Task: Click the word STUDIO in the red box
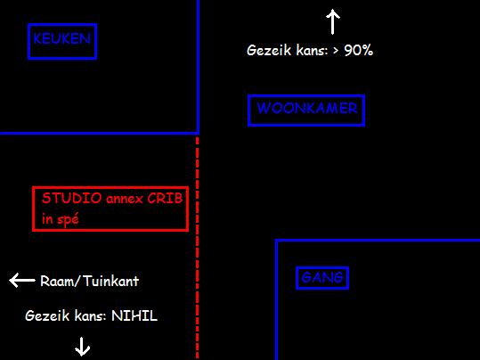71,198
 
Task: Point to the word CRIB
165,198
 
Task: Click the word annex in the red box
125,200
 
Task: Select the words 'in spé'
61,218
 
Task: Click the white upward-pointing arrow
333,21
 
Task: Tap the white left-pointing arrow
22,280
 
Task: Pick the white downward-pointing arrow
82,347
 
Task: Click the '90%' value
359,50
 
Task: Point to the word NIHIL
134,315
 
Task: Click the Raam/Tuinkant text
89,281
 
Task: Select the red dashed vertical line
197,249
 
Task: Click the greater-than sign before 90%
336,51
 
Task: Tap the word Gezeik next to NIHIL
47,315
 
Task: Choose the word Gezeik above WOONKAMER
269,50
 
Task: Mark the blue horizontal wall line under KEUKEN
100,134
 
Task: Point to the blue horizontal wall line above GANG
378,241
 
